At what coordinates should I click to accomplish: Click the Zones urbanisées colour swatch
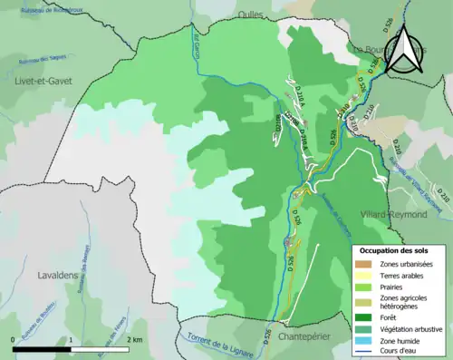tap(363, 264)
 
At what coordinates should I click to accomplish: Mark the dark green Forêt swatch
tap(363, 318)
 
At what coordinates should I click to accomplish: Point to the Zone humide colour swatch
tap(363, 341)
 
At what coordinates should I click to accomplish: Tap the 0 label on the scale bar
tap(12, 338)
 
